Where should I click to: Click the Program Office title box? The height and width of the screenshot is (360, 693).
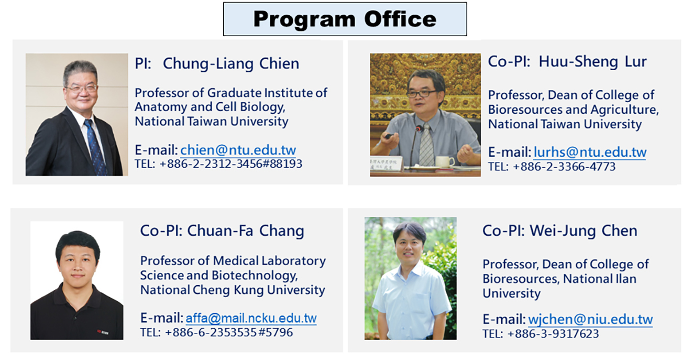pos(345,19)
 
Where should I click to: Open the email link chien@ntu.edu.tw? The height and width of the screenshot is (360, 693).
pos(238,150)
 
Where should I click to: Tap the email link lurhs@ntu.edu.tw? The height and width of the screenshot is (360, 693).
pos(590,152)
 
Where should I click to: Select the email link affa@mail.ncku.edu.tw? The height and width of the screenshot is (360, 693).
pos(251,318)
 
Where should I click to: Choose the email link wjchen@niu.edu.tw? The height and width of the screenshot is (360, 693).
pos(590,320)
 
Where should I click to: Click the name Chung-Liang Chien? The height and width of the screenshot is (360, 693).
pos(231,64)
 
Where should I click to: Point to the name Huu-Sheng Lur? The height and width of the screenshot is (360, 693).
pos(592,62)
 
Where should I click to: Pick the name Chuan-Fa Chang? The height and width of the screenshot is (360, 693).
pos(246,231)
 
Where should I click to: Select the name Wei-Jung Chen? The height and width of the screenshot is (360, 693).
pos(584,231)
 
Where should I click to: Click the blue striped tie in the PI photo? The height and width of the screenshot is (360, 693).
pos(95,147)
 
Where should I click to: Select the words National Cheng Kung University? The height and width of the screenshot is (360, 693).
pos(233,290)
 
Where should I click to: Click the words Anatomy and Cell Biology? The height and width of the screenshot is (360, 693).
pos(210,107)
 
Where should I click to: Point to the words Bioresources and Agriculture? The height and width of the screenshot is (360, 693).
pos(574,110)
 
